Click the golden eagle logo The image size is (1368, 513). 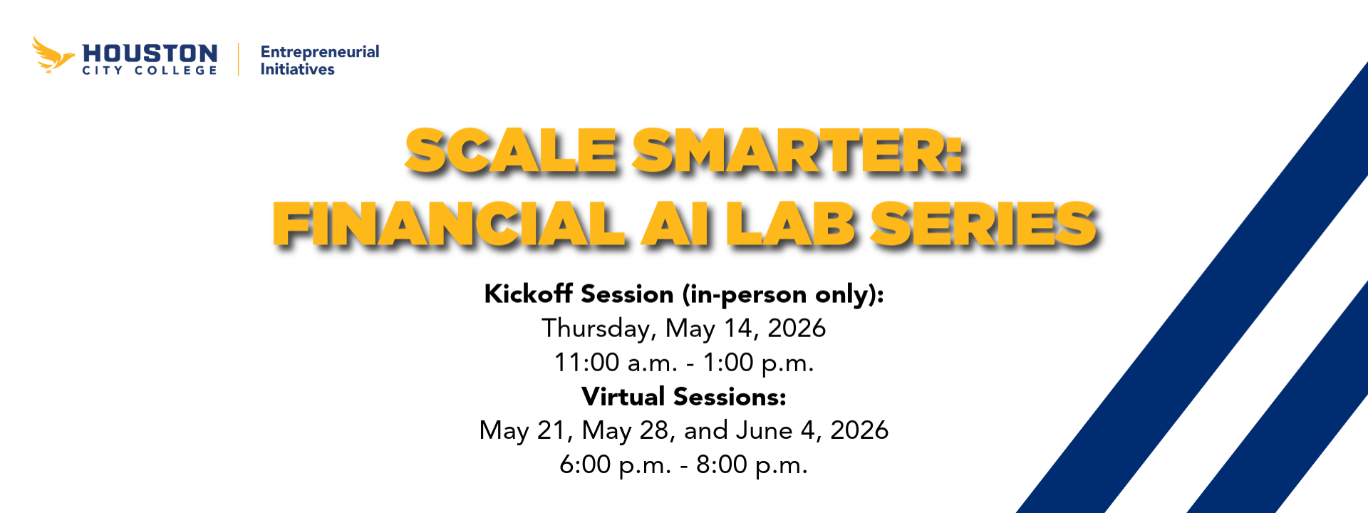(52, 55)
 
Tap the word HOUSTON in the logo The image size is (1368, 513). (150, 53)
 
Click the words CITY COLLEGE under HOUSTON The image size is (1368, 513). (150, 71)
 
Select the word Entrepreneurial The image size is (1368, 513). (320, 52)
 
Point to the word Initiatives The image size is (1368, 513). (297, 69)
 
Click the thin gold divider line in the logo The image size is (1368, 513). (239, 59)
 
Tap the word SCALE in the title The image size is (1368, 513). (511, 151)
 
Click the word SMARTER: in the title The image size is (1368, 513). (798, 151)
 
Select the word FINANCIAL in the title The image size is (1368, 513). (449, 224)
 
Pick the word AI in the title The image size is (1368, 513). (675, 224)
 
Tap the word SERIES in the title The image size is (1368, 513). (983, 224)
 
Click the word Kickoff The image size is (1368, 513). (528, 294)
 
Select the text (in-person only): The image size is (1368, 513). (782, 294)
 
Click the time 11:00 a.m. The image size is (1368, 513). (616, 363)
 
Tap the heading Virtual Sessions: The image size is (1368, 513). (684, 396)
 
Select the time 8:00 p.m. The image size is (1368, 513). (752, 465)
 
